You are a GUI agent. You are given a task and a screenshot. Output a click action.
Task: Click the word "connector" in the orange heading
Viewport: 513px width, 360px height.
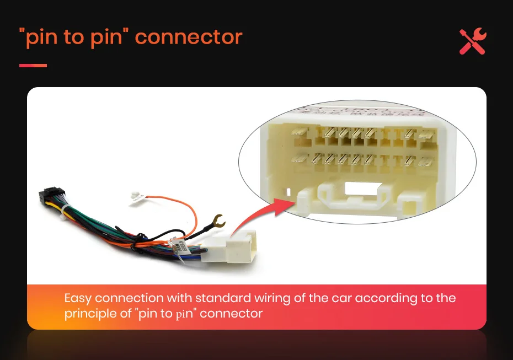188,37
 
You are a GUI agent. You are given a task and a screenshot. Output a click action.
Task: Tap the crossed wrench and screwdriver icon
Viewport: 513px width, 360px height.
472,41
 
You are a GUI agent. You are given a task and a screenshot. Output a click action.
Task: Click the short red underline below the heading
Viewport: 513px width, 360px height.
33,66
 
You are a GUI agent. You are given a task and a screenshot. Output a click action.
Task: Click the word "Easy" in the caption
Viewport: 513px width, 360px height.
78,298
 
